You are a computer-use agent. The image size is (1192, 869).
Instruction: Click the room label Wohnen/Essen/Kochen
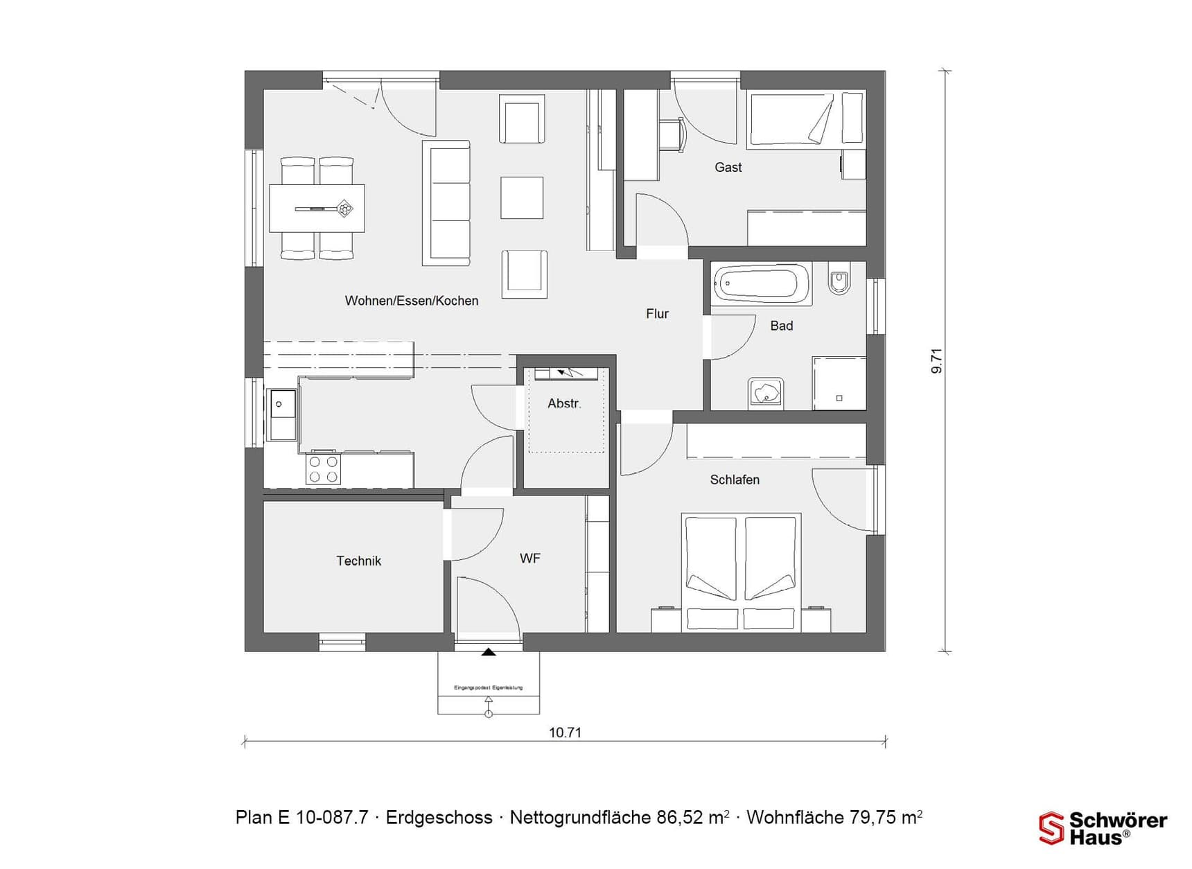412,301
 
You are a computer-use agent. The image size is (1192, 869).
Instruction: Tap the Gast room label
728,167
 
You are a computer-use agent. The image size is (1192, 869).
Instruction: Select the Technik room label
358,561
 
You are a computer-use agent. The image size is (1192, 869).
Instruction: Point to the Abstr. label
564,403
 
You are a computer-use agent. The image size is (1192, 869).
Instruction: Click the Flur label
657,314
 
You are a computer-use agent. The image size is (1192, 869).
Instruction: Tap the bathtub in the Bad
761,283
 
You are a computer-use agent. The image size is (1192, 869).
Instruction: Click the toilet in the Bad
839,280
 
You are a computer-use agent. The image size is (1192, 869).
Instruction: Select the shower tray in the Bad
839,383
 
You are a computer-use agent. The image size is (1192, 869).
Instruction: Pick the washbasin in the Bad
766,393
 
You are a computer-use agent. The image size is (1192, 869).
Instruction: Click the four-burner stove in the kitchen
324,469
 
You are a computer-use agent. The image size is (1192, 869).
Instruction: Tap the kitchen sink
282,415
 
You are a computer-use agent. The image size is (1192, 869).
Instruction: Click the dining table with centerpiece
317,208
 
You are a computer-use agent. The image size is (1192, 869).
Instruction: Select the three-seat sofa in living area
446,202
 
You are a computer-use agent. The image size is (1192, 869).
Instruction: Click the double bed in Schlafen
741,572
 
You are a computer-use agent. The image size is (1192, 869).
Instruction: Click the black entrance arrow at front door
489,651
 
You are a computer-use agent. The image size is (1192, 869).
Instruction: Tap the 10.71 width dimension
565,732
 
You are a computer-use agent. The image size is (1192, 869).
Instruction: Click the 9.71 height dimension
936,361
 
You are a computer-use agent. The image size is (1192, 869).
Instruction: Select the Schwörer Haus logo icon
1051,828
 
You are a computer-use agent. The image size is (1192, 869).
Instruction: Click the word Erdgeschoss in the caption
439,818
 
